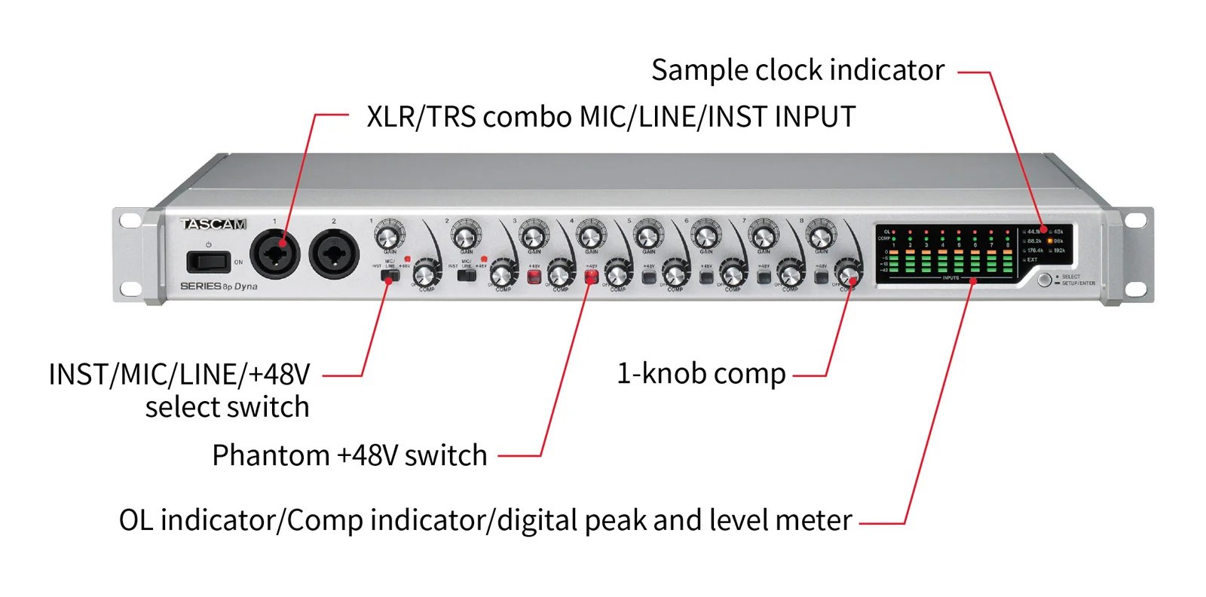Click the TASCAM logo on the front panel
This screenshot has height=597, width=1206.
click(213, 224)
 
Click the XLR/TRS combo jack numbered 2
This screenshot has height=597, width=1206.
click(334, 256)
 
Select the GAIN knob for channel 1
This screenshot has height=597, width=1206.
click(388, 237)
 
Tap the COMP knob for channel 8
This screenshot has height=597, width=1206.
click(849, 274)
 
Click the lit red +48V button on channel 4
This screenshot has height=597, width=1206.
click(591, 277)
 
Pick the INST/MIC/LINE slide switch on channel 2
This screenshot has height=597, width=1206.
click(467, 276)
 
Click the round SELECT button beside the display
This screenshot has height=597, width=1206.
click(1044, 280)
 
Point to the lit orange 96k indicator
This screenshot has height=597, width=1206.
click(1050, 241)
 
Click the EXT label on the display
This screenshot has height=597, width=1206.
click(1032, 259)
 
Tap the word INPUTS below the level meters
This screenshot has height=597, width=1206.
click(950, 278)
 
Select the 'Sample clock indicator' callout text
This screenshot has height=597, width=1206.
click(797, 70)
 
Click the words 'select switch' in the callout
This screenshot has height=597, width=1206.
click(227, 407)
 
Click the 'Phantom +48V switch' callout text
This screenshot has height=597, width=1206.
click(350, 455)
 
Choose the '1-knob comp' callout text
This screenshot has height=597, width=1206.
click(701, 374)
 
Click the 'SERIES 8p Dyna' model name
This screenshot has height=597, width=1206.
click(219, 286)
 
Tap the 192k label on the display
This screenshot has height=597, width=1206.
click(1059, 250)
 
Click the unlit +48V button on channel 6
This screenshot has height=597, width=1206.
click(706, 277)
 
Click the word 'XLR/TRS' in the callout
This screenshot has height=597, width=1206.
click(421, 117)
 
